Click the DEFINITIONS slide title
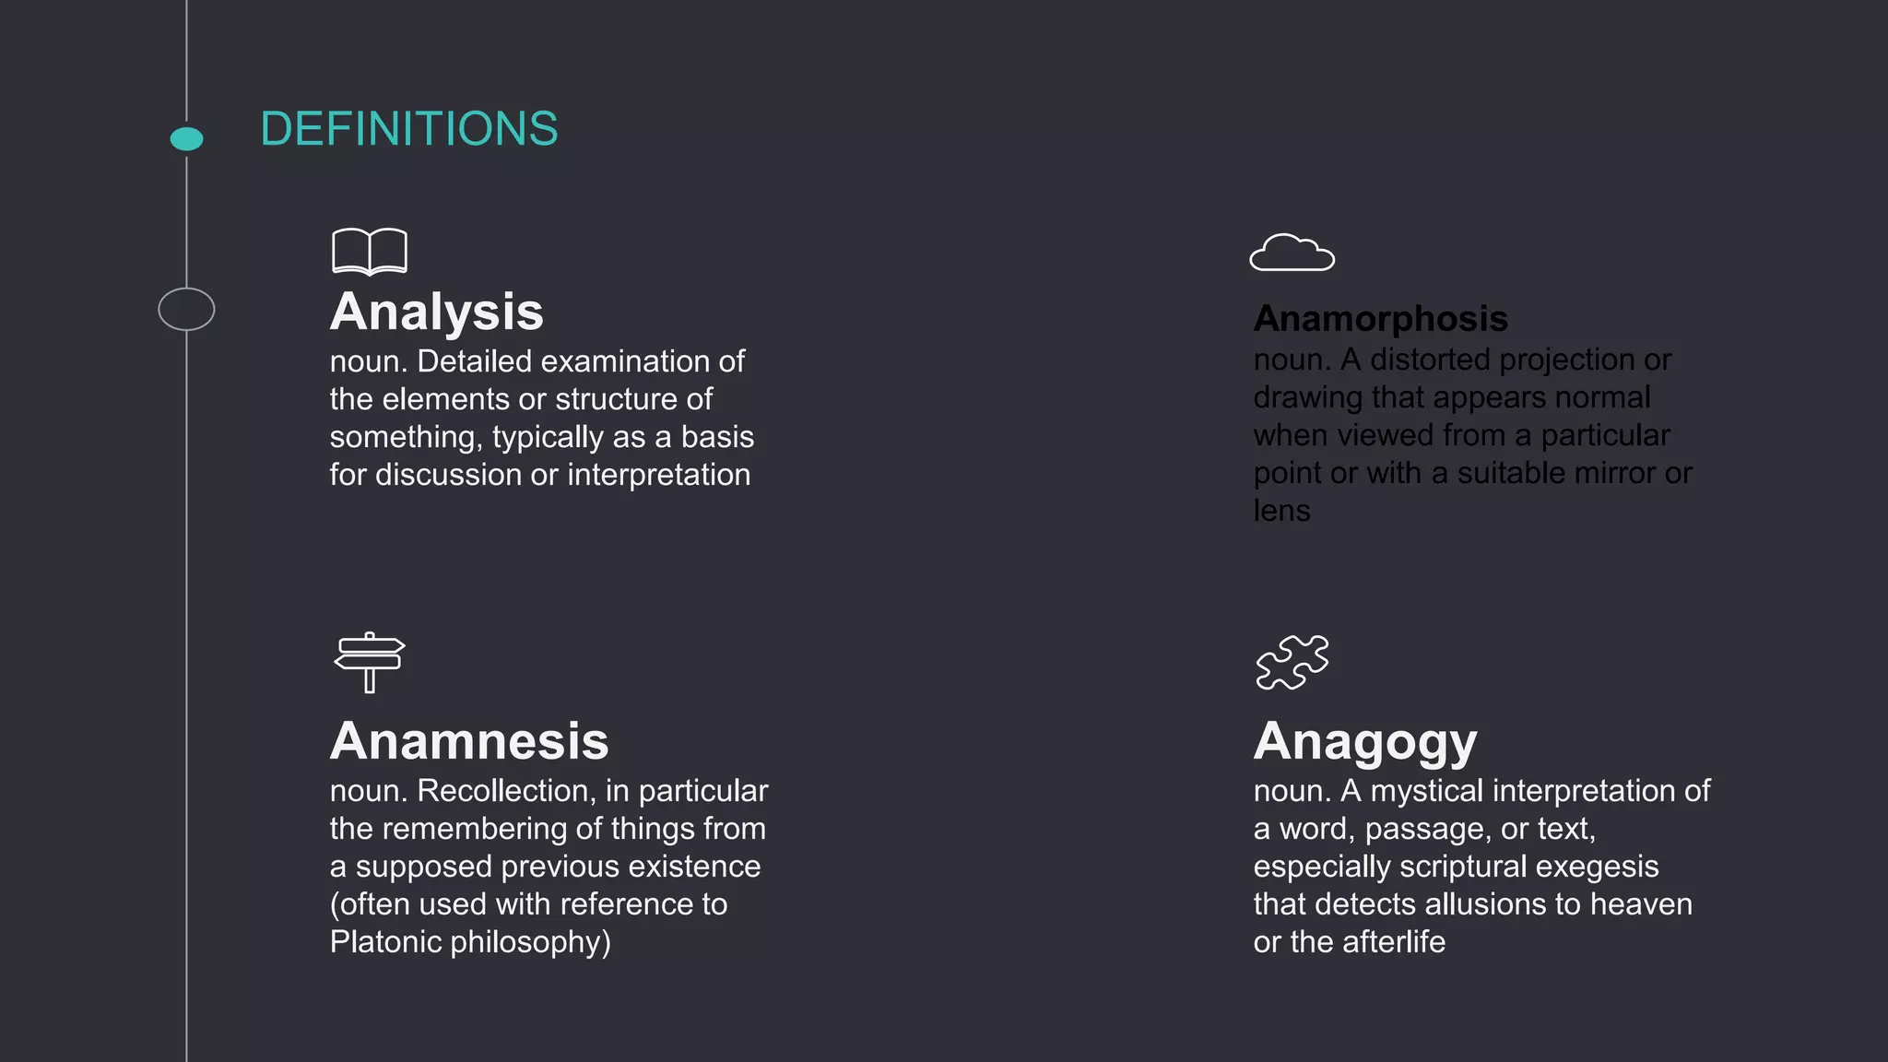[408, 129]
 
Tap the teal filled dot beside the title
[187, 139]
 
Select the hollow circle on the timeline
[186, 309]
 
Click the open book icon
[370, 252]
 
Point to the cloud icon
[1292, 254]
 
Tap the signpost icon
[370, 662]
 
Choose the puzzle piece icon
[1292, 662]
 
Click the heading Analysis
[437, 312]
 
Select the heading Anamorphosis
[1380, 319]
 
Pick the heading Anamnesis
[469, 741]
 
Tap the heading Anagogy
[1365, 741]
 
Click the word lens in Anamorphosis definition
[1281, 511]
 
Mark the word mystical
[1427, 791]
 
